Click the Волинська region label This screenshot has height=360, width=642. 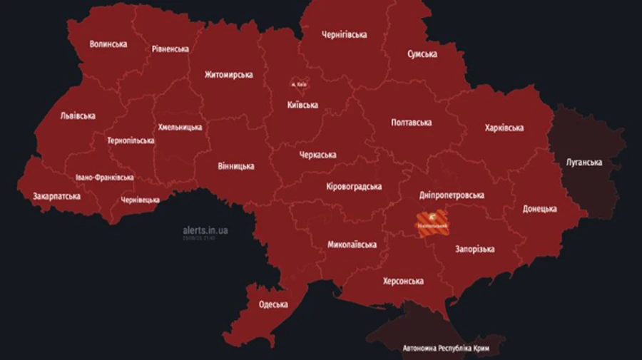click(x=108, y=44)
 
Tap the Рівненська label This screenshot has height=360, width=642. click(x=170, y=49)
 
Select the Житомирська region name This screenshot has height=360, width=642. click(x=228, y=75)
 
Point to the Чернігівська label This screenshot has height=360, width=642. click(x=344, y=34)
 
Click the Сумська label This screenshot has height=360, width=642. click(x=422, y=54)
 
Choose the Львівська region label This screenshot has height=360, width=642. click(x=78, y=115)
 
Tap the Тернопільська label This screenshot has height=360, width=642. click(x=131, y=140)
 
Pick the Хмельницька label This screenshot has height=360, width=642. click(x=179, y=128)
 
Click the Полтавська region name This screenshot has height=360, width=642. click(x=412, y=123)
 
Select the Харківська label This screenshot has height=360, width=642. click(x=504, y=128)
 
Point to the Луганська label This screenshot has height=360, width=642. click(x=584, y=163)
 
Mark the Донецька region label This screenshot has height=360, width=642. click(x=539, y=209)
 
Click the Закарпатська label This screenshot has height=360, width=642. click(x=56, y=196)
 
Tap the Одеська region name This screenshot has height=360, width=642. click(x=273, y=304)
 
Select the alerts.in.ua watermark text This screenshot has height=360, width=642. click(x=205, y=230)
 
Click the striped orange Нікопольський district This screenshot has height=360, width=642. click(x=432, y=222)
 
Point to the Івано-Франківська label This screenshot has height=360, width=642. click(x=104, y=178)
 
